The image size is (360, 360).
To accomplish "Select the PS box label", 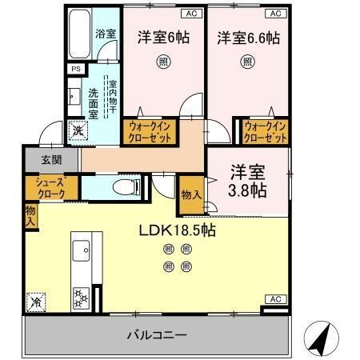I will (x=76, y=70).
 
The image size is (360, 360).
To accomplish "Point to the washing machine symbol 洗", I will (x=78, y=130).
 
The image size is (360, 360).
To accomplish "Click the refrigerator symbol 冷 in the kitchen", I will (x=36, y=302).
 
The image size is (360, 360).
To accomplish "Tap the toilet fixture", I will (x=122, y=186).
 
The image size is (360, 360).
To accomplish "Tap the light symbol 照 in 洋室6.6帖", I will (x=248, y=60).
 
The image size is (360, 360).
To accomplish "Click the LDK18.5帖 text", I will (x=176, y=230).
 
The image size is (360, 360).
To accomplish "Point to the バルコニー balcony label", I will (x=157, y=334).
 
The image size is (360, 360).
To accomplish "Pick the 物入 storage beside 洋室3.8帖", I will (x=190, y=194).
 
